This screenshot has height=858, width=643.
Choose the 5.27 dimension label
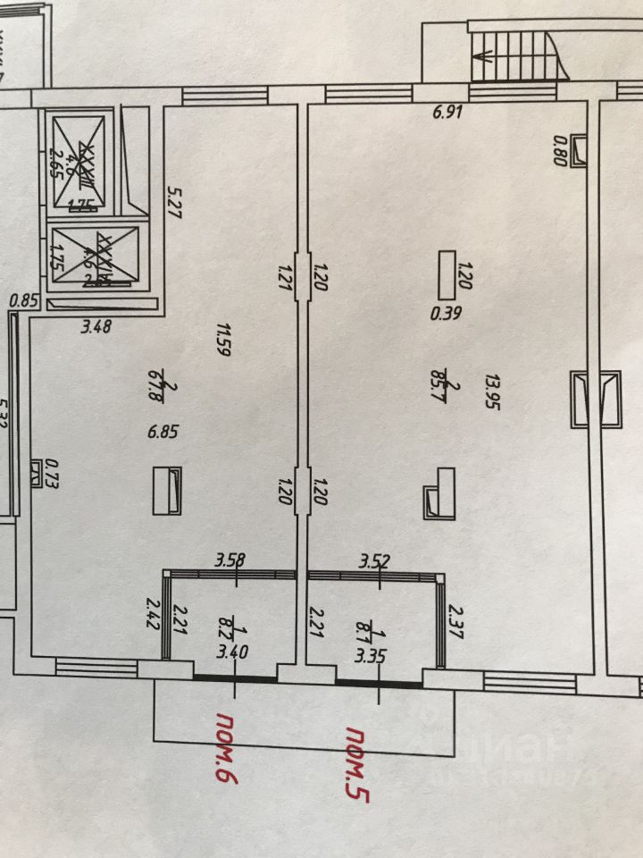click(x=175, y=201)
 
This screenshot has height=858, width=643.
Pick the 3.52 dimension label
click(x=376, y=560)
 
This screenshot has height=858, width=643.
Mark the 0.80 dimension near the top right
click(x=560, y=149)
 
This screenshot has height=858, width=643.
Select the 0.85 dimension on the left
click(x=22, y=301)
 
